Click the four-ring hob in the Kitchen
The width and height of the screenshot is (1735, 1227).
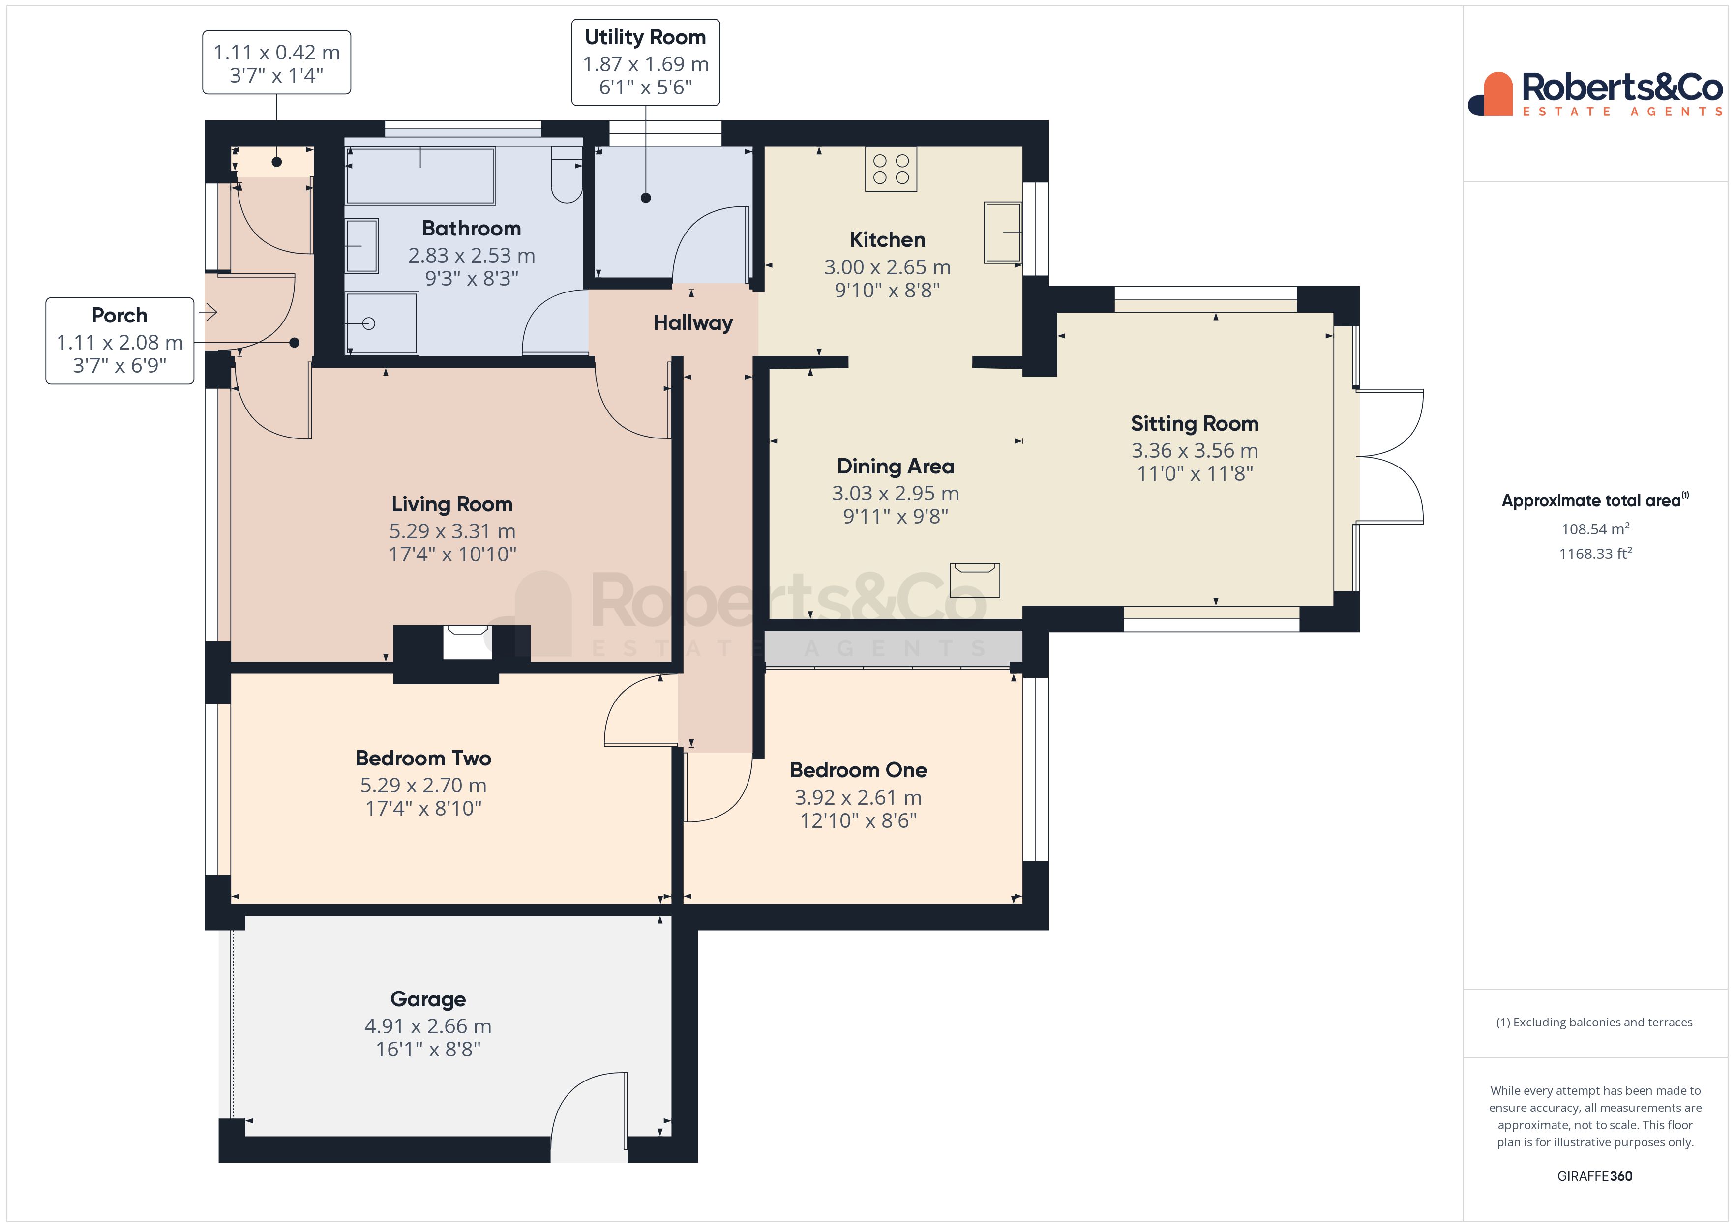point(891,169)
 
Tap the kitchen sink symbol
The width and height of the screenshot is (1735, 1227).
point(1003,233)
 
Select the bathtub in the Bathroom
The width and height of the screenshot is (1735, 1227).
point(420,176)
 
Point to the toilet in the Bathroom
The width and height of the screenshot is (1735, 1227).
point(566,177)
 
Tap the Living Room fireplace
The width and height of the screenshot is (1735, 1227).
point(467,642)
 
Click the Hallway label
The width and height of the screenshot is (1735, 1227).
point(693,323)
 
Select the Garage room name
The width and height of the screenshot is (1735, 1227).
point(428,999)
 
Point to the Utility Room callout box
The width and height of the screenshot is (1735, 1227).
point(645,63)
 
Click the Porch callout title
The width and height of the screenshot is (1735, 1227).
point(120,315)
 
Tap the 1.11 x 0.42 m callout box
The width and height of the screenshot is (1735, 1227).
point(276,63)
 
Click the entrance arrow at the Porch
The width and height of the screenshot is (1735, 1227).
point(209,311)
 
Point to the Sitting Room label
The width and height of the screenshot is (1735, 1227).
point(1194,423)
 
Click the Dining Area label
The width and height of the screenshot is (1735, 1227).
point(896,466)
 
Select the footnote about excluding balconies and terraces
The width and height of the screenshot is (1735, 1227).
point(1594,1022)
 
